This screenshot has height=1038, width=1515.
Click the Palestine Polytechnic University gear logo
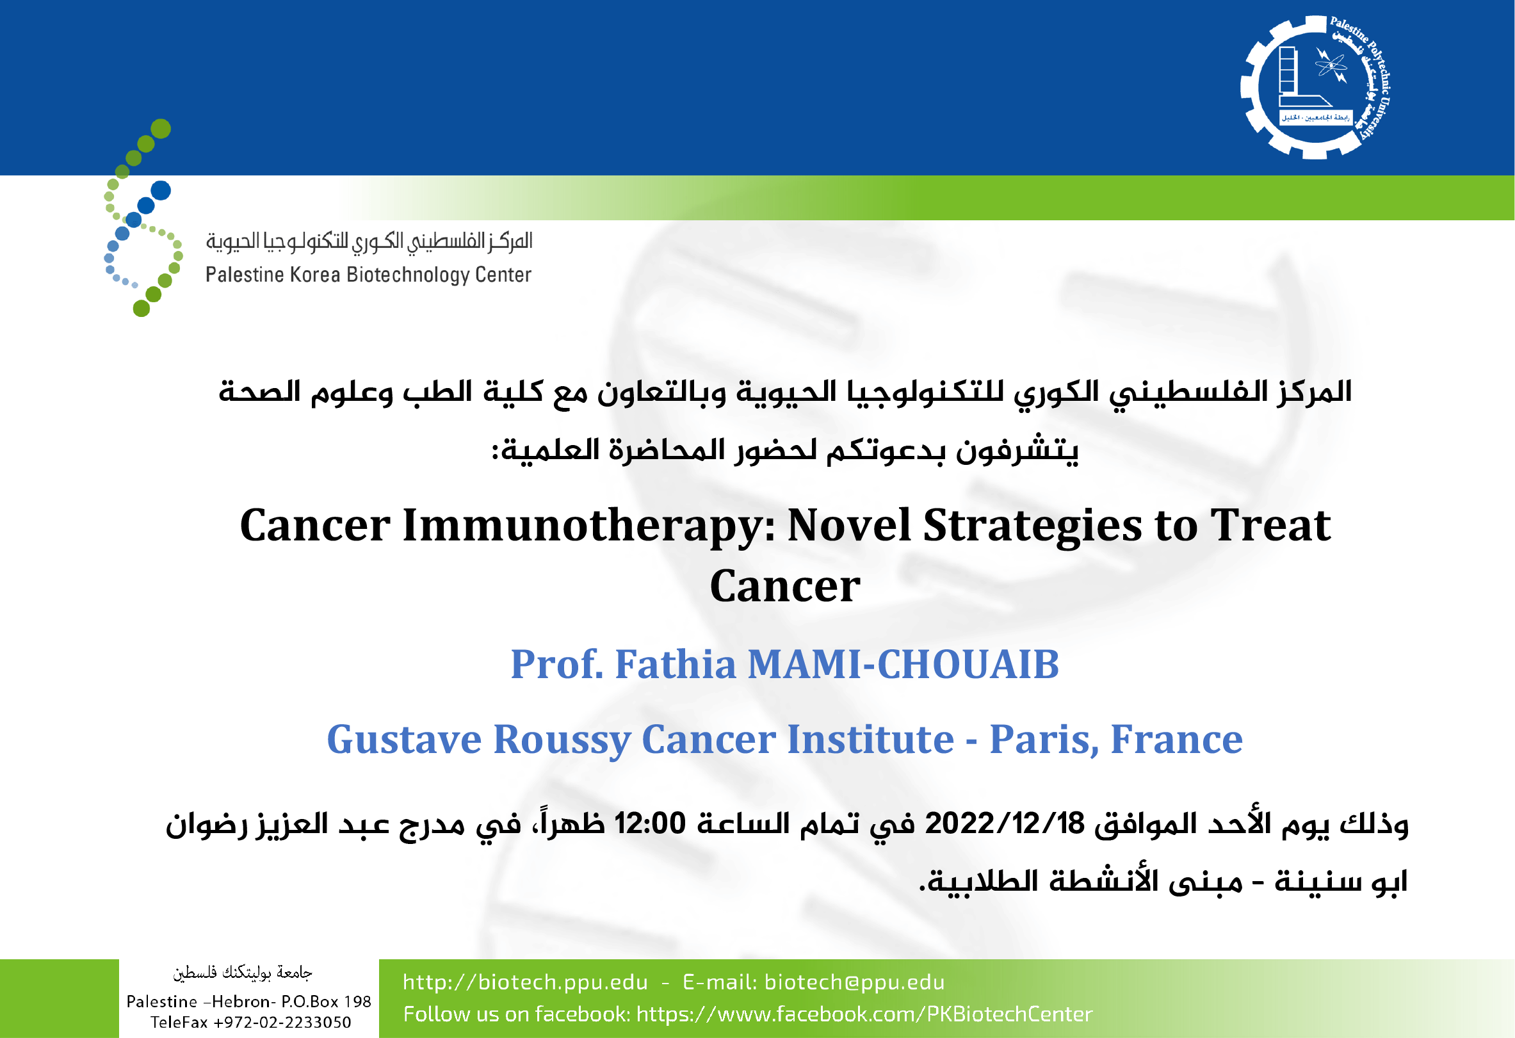pos(1316,86)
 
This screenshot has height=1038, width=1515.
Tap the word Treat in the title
pos(1270,526)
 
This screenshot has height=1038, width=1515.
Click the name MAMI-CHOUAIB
pos(903,665)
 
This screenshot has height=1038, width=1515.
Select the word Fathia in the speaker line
pos(676,665)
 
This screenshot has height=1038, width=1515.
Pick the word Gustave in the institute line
pos(404,740)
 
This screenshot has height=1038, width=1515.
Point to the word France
pos(1177,740)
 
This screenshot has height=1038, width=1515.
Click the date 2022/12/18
pos(1005,824)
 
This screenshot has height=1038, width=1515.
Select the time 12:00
pos(650,823)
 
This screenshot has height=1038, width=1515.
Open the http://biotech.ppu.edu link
pos(526,982)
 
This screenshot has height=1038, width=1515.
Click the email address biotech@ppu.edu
pos(854,982)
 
